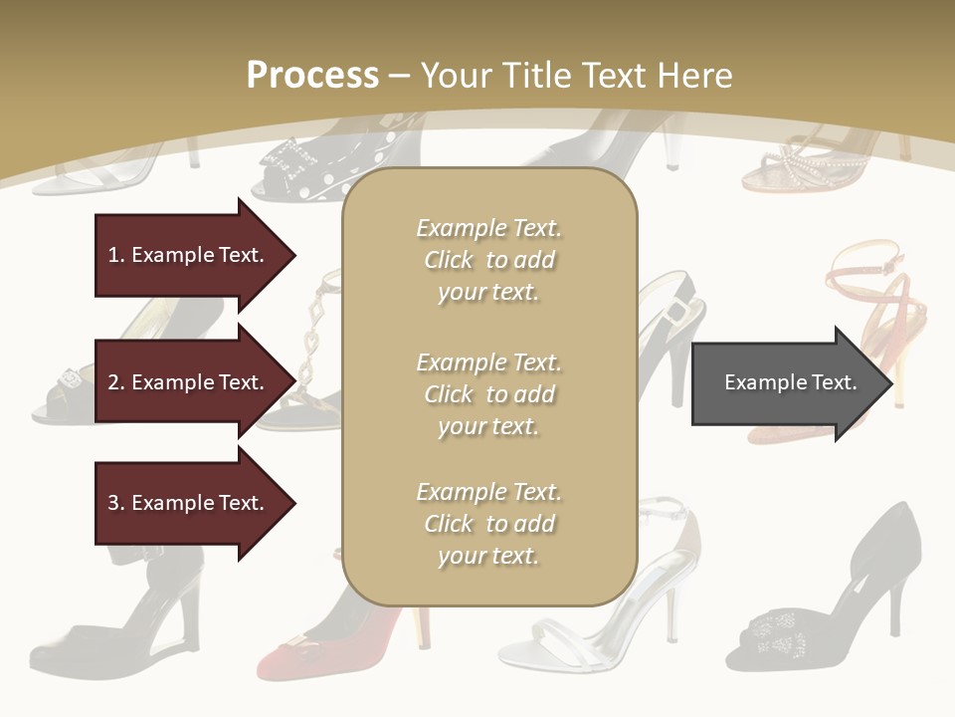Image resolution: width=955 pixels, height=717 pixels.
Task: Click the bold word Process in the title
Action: (312, 76)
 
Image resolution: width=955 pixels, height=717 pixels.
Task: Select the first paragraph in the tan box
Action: (488, 260)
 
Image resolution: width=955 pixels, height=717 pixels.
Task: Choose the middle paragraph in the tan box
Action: (488, 393)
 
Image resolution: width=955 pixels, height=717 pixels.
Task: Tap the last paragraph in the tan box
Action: (488, 524)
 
